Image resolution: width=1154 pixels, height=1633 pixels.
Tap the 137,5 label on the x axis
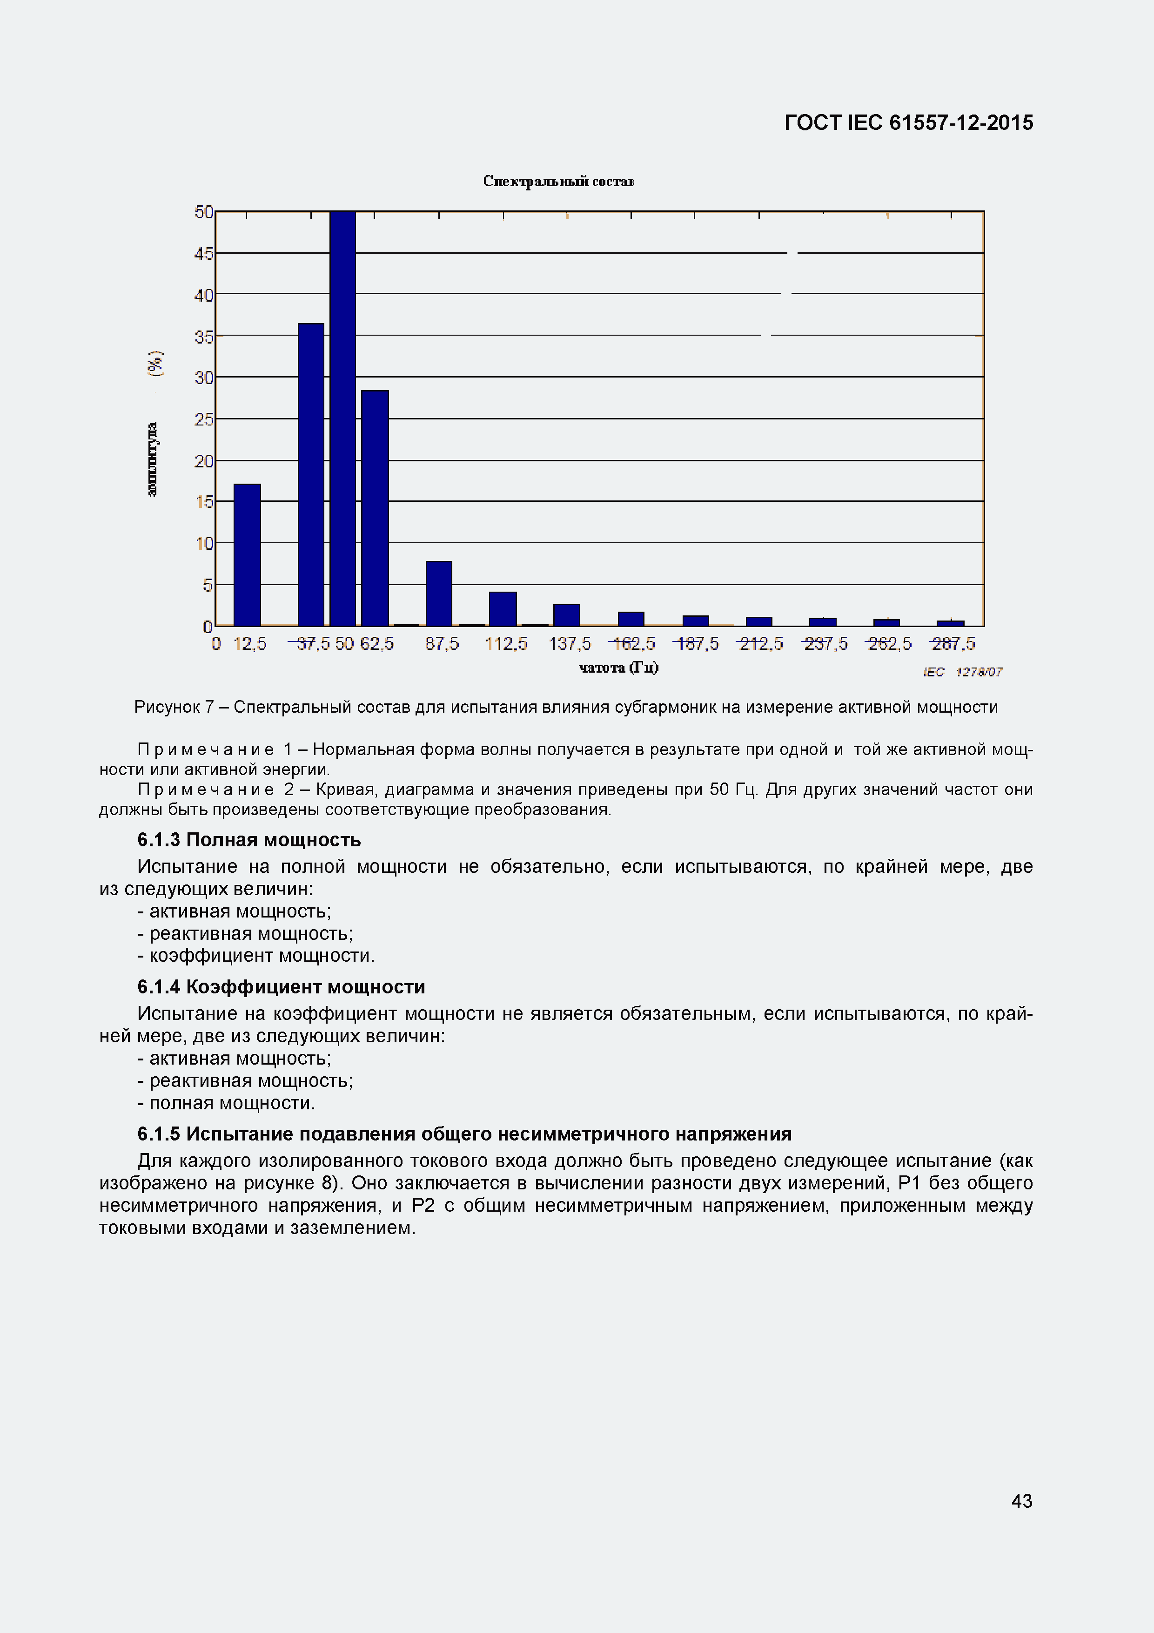tap(570, 644)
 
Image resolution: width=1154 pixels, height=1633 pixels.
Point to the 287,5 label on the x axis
tap(953, 644)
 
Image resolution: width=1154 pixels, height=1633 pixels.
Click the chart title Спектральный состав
tap(559, 182)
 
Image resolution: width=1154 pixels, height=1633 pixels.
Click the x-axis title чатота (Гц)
tap(618, 667)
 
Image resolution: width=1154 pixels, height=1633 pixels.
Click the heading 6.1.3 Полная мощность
tap(249, 840)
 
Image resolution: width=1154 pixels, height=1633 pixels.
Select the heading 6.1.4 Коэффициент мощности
tap(281, 987)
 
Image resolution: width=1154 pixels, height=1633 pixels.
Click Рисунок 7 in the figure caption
tap(174, 707)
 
